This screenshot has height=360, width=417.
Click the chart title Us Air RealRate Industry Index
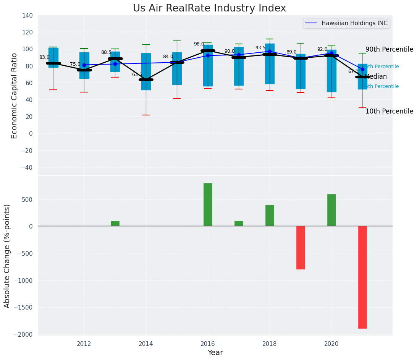pyautogui.click(x=209, y=8)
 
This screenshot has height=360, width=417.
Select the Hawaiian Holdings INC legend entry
pyautogui.click(x=354, y=23)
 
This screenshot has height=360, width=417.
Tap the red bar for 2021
pyautogui.click(x=362, y=277)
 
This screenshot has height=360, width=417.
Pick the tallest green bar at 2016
pyautogui.click(x=208, y=204)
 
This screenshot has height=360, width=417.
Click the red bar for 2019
pyautogui.click(x=301, y=248)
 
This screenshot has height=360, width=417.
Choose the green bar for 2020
pyautogui.click(x=331, y=210)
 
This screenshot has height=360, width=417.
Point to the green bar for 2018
pyautogui.click(x=270, y=216)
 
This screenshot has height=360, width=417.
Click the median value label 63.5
pyautogui.click(x=137, y=75)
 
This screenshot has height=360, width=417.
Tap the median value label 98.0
pyautogui.click(x=199, y=44)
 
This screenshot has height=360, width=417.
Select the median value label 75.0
pyautogui.click(x=75, y=64)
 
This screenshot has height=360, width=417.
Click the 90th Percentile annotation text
pyautogui.click(x=389, y=49)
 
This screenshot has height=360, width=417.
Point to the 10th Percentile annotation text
pyautogui.click(x=389, y=111)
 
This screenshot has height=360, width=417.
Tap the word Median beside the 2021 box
pyautogui.click(x=376, y=76)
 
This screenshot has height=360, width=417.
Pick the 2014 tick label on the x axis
pyautogui.click(x=146, y=344)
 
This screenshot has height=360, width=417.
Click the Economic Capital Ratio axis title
pyautogui.click(x=15, y=96)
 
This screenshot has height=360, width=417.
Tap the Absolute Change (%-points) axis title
pyautogui.click(x=7, y=256)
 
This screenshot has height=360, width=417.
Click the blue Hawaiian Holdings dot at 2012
pyautogui.click(x=84, y=65)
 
